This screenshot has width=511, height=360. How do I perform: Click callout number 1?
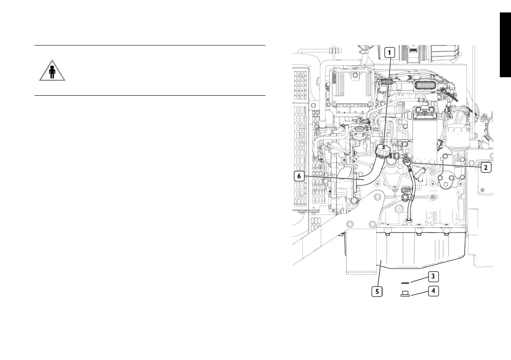[389, 52]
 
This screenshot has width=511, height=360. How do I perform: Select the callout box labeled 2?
[485, 167]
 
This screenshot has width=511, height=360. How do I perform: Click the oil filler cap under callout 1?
[382, 151]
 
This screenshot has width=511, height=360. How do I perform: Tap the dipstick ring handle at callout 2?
[407, 162]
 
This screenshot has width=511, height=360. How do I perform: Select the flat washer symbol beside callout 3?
[405, 283]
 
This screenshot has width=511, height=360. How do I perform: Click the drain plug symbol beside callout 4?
[405, 294]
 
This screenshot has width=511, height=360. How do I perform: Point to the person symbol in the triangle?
[52, 73]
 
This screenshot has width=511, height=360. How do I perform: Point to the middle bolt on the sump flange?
[418, 234]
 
